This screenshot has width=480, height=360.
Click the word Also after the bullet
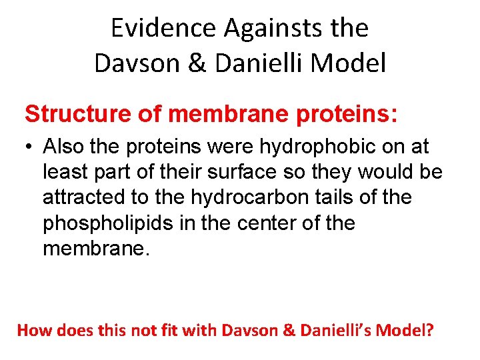(67, 147)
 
